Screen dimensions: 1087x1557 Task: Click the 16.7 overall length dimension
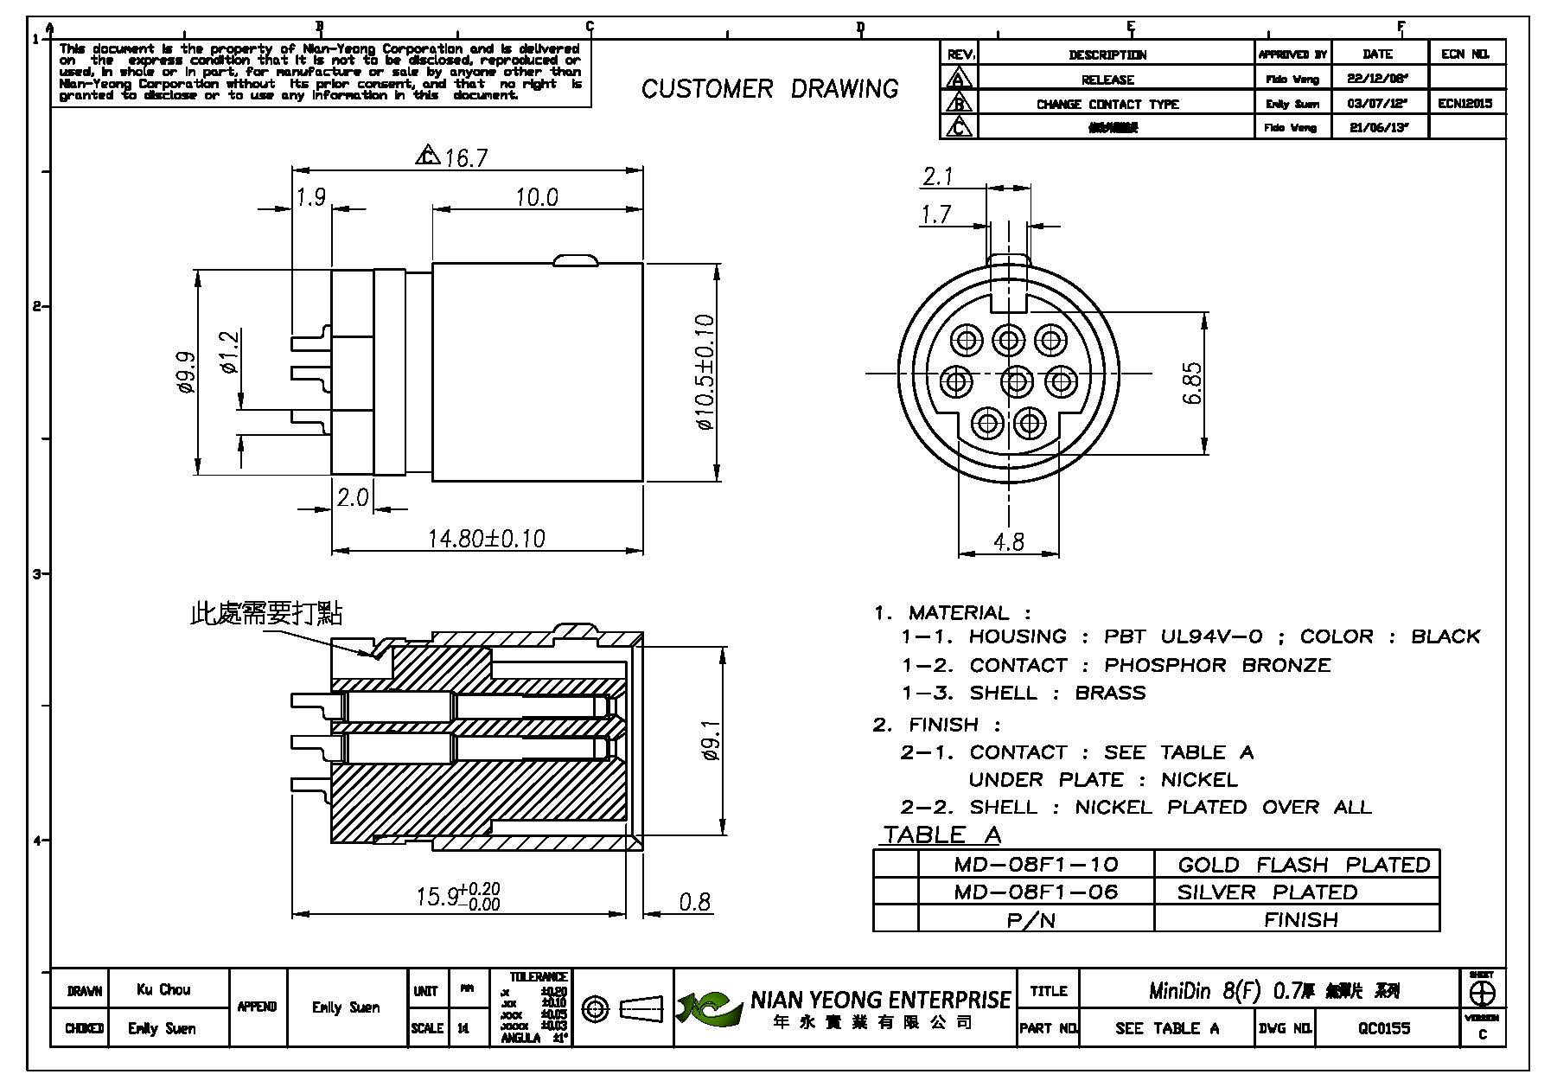pos(465,157)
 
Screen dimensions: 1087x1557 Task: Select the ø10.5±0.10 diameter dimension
pos(705,373)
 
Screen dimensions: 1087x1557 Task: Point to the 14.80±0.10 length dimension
pos(487,539)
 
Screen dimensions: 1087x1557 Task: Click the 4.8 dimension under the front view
pos(1008,541)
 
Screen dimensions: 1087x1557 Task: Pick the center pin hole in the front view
pos(1017,381)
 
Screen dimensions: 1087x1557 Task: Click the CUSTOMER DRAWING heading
pos(769,88)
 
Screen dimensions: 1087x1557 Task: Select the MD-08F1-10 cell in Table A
pos(1036,864)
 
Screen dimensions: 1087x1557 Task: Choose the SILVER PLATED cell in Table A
pos(1267,892)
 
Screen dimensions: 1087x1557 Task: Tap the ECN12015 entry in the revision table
pos(1465,103)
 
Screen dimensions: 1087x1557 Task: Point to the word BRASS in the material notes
pos(1110,693)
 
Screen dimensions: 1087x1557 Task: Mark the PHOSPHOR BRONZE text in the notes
pos(1217,665)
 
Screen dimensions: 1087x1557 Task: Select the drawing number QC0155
pos(1383,1027)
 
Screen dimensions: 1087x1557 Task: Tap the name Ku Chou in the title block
pos(163,989)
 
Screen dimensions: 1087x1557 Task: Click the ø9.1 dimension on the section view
pos(711,741)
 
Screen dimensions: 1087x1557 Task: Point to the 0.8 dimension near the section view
pos(694,902)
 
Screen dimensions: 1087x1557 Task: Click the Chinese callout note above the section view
pos(266,613)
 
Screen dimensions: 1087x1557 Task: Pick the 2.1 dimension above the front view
pos(937,176)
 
